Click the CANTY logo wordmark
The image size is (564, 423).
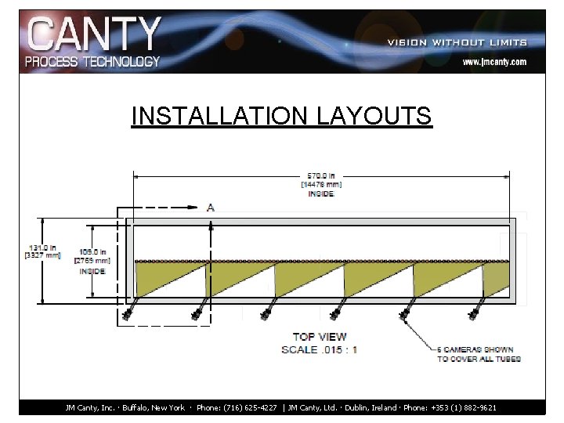[94, 34]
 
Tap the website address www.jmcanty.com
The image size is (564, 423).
[493, 61]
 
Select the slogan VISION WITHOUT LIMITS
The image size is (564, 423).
[457, 42]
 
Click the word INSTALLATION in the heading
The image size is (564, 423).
[222, 116]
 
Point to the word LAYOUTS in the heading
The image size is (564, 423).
[374, 116]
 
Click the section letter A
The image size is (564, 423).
[210, 208]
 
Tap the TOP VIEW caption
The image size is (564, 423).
[320, 337]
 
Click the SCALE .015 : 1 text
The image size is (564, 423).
[320, 349]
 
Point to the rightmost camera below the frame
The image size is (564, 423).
[474, 313]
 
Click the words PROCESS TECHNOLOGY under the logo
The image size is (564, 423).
[92, 60]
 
